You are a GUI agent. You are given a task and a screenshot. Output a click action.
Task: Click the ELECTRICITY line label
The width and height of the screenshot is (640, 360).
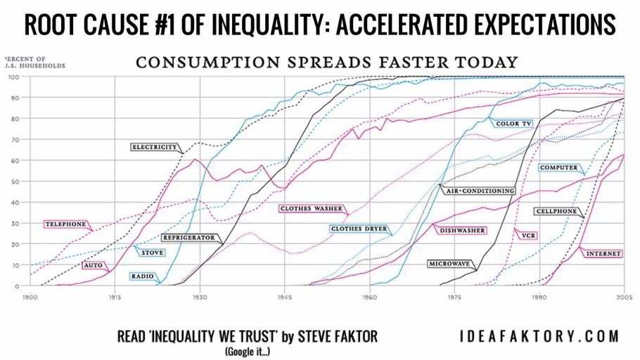pyautogui.click(x=154, y=147)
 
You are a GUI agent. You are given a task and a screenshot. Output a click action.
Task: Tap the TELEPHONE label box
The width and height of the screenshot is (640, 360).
pyautogui.click(x=65, y=224)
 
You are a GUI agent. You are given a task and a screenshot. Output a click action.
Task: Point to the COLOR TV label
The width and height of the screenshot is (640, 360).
pyautogui.click(x=513, y=124)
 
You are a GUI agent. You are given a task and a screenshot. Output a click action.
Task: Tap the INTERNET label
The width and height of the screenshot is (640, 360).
pyautogui.click(x=603, y=253)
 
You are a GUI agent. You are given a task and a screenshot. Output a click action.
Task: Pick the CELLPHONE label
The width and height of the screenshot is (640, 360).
pyautogui.click(x=556, y=211)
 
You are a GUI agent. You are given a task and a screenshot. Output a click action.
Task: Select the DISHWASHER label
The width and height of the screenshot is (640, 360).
pyautogui.click(x=462, y=230)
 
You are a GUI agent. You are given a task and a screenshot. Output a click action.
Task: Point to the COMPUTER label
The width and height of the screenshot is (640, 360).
pyautogui.click(x=558, y=167)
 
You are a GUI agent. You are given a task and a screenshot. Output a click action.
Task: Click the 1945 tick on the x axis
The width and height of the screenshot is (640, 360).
pyautogui.click(x=285, y=297)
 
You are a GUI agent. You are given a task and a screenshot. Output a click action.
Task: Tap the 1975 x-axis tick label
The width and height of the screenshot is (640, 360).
pyautogui.click(x=455, y=297)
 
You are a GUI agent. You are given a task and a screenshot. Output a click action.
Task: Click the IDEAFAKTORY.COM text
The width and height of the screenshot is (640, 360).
pyautogui.click(x=539, y=337)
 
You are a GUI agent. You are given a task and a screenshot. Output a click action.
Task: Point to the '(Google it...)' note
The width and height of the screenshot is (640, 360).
pyautogui.click(x=247, y=350)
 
